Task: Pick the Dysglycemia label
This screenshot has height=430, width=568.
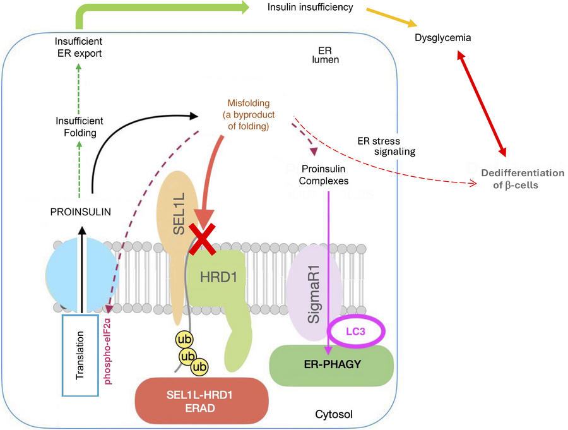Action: click(443, 38)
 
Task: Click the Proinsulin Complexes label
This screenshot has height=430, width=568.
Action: click(326, 175)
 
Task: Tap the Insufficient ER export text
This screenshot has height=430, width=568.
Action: click(77, 47)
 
